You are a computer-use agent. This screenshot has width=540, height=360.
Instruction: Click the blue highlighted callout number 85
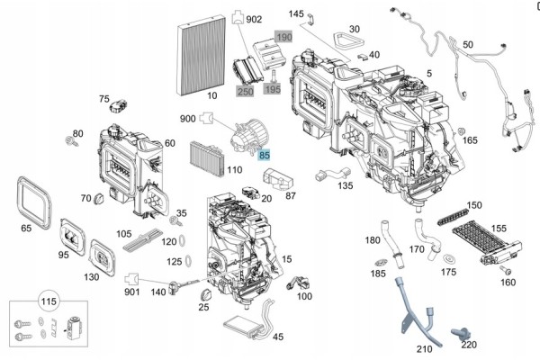pos(264,155)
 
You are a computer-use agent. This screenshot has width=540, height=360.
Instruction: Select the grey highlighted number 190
pos(284,37)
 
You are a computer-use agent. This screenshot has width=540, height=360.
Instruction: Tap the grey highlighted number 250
pos(245,91)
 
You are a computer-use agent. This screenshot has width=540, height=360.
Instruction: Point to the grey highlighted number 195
pos(273,89)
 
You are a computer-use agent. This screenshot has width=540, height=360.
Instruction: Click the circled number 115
pos(49,301)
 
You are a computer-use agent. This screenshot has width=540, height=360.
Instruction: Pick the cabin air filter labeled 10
pos(201,54)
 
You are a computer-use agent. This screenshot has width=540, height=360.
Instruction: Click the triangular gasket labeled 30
pos(348,40)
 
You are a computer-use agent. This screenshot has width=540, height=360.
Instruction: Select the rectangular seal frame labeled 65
pos(34,202)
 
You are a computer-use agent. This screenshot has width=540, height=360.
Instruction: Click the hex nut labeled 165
pos(462,131)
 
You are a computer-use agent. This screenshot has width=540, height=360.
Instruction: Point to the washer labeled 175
pos(449,259)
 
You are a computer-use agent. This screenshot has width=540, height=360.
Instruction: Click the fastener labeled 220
pos(459,334)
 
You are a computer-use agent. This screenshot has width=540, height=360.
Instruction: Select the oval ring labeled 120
pos(182,241)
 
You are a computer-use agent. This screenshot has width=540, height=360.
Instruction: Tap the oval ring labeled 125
pos(188,261)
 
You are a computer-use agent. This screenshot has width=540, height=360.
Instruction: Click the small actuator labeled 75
pos(118,106)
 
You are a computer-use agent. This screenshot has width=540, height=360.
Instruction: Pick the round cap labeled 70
pos(100,198)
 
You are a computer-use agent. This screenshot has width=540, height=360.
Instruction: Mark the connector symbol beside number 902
pos(238,17)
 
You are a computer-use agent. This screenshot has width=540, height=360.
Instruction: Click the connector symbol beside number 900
pos(207,118)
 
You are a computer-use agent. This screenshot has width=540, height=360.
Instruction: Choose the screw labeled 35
pos(175,221)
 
